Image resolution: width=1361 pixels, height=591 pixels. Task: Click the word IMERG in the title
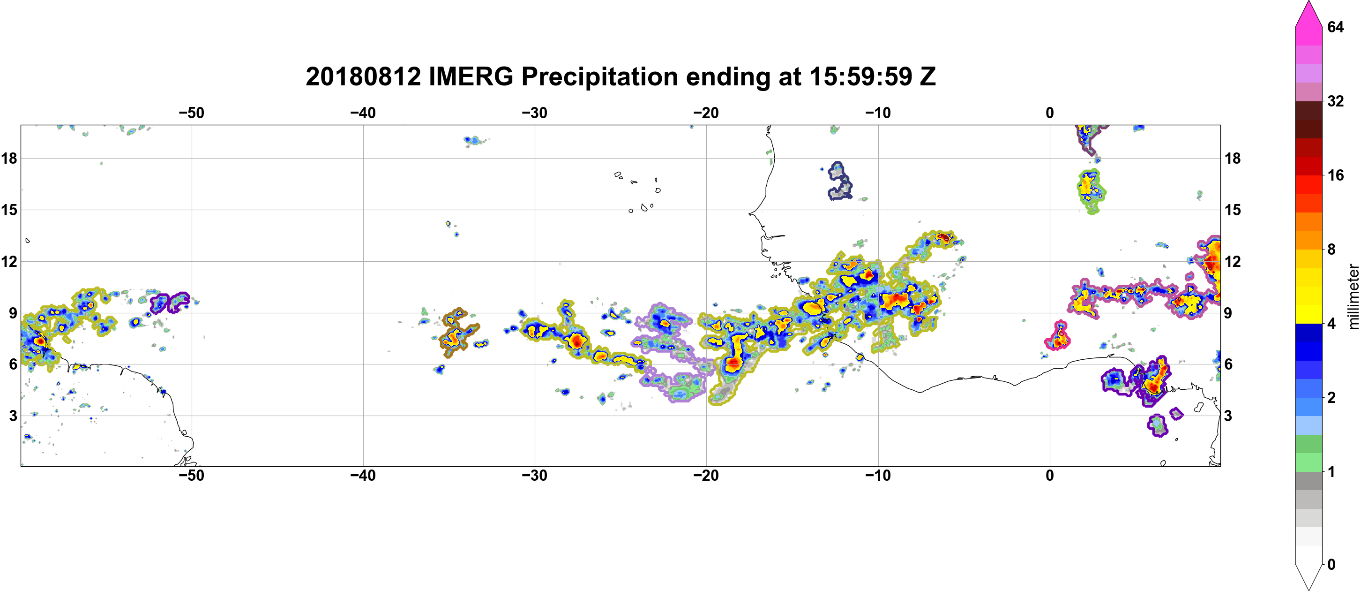click(x=471, y=76)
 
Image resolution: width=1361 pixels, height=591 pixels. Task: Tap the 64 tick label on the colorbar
click(x=1335, y=27)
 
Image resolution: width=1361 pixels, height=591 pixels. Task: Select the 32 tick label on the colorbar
click(x=1335, y=101)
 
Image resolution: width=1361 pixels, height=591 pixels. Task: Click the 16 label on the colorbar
click(x=1335, y=175)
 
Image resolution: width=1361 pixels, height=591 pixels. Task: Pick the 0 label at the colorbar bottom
click(x=1331, y=565)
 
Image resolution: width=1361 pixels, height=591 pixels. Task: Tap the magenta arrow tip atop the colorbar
click(x=1308, y=2)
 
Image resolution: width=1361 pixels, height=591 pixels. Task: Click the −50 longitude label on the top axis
click(x=191, y=113)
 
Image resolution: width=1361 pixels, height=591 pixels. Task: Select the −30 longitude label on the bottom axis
click(x=535, y=476)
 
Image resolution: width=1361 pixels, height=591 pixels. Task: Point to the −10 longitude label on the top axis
click(x=878, y=113)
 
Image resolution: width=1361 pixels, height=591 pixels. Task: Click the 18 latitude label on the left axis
click(x=9, y=158)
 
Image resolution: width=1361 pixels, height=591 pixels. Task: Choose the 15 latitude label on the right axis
click(x=1233, y=210)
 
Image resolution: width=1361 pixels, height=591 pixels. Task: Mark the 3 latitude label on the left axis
click(x=13, y=416)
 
